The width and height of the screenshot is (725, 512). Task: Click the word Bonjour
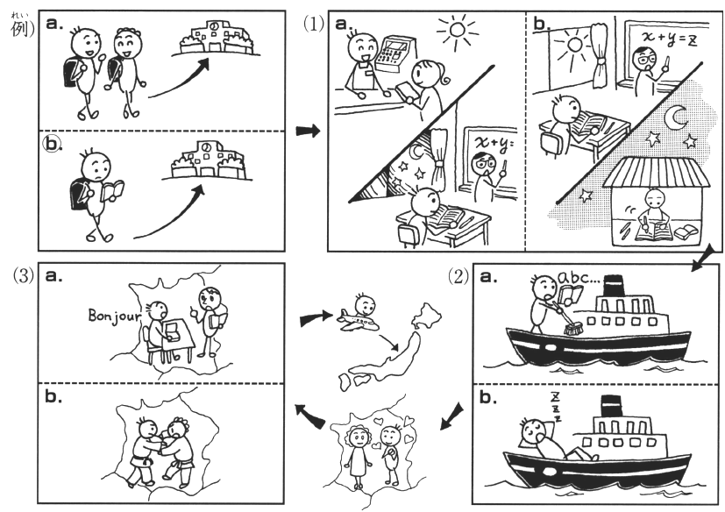pyautogui.click(x=115, y=316)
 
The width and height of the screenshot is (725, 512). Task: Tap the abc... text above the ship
pyautogui.click(x=574, y=278)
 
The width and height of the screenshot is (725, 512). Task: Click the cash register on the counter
pyautogui.click(x=394, y=53)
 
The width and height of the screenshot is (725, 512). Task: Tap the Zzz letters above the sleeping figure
pyautogui.click(x=556, y=407)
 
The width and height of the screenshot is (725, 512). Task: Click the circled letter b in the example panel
pyautogui.click(x=52, y=145)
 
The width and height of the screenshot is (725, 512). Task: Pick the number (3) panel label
pyautogui.click(x=24, y=276)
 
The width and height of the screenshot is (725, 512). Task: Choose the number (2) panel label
pyautogui.click(x=458, y=276)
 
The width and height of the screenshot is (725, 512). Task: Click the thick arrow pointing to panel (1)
pyautogui.click(x=308, y=131)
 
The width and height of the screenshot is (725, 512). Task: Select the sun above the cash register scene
pyautogui.click(x=458, y=30)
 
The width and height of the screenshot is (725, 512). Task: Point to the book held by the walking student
pyautogui.click(x=112, y=190)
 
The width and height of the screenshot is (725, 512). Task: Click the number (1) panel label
pyautogui.click(x=314, y=23)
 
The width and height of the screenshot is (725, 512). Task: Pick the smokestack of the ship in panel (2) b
pyautogui.click(x=610, y=406)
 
